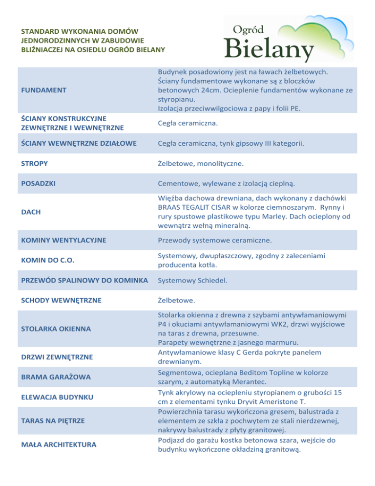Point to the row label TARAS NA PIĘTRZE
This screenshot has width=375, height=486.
tap(53, 420)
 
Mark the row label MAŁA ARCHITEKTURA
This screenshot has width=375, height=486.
tap(58, 444)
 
